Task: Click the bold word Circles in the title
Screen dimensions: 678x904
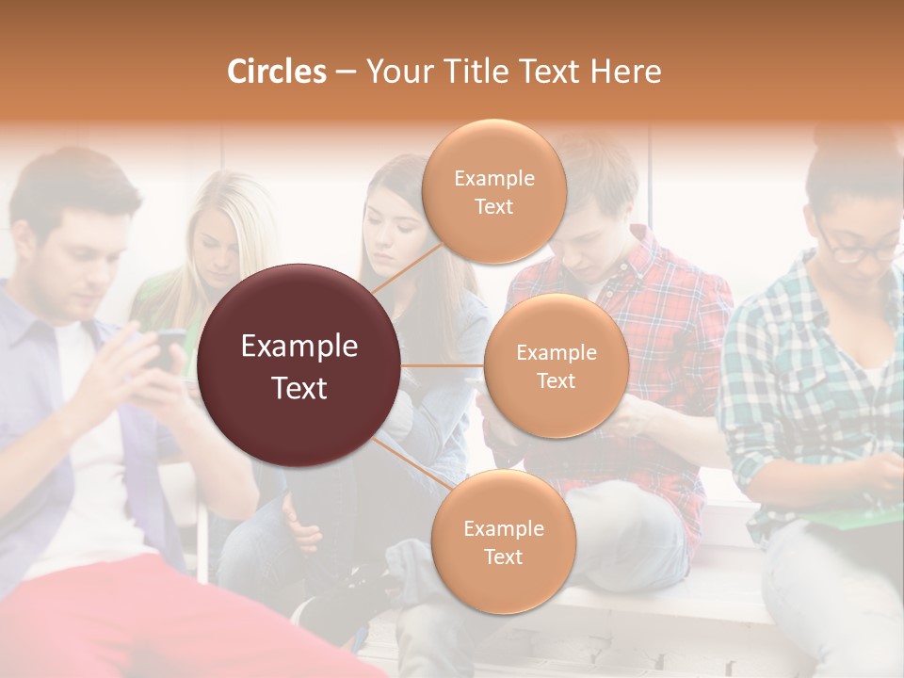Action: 276,72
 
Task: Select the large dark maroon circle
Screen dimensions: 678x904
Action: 299,365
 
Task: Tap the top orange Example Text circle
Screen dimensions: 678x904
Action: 493,191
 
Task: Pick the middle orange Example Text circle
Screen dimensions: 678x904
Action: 556,365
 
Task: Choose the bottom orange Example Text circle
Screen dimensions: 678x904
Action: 503,541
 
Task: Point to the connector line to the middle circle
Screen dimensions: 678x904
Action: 442,365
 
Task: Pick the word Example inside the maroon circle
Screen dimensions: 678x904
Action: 299,347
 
